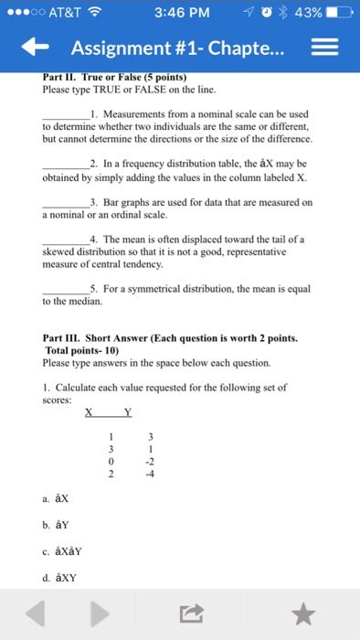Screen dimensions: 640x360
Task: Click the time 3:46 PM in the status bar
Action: [x=183, y=12]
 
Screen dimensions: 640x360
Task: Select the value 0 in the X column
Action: [x=110, y=462]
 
